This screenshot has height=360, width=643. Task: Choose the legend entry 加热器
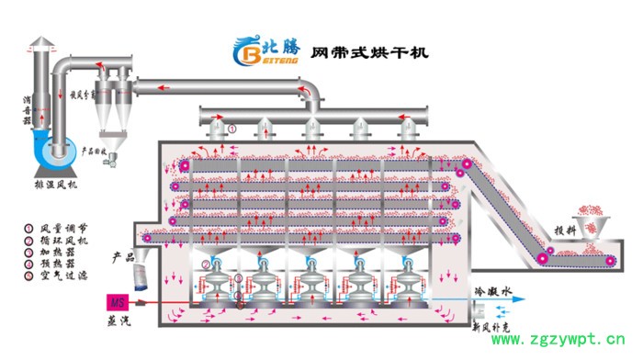61,251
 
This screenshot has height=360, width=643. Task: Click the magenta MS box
118,301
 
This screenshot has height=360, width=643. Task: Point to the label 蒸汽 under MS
118,321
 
